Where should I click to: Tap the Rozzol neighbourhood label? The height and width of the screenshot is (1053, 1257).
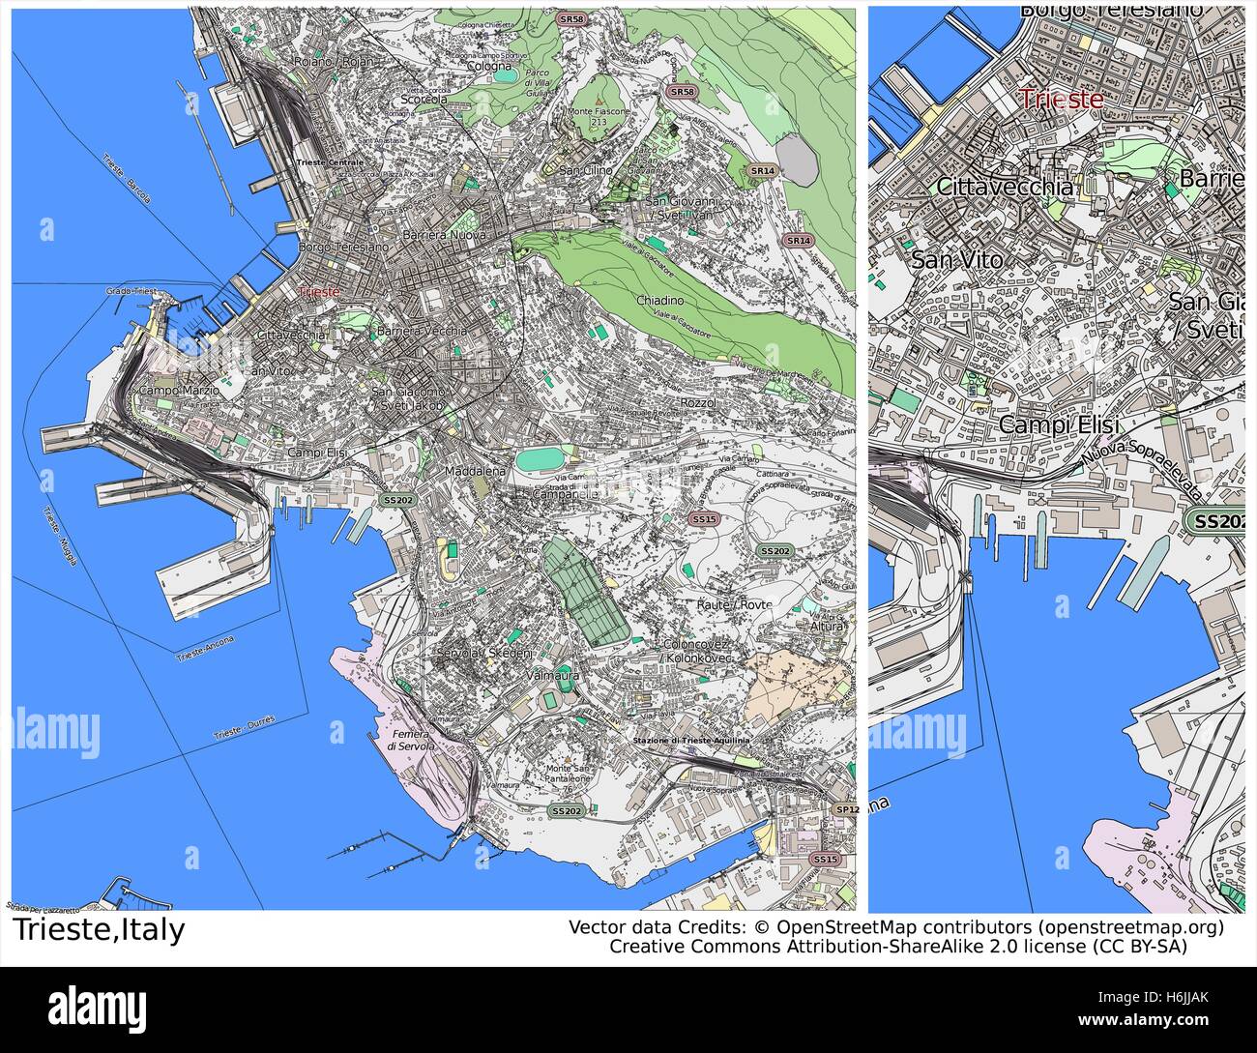(x=697, y=402)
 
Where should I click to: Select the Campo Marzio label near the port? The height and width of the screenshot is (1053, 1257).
(x=175, y=391)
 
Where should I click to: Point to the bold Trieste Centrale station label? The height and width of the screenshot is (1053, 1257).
(x=331, y=162)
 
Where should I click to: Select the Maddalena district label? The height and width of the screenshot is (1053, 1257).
(x=475, y=471)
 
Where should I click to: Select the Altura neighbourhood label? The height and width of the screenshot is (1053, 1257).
(x=827, y=627)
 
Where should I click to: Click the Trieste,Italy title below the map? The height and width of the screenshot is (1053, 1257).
(x=99, y=931)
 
